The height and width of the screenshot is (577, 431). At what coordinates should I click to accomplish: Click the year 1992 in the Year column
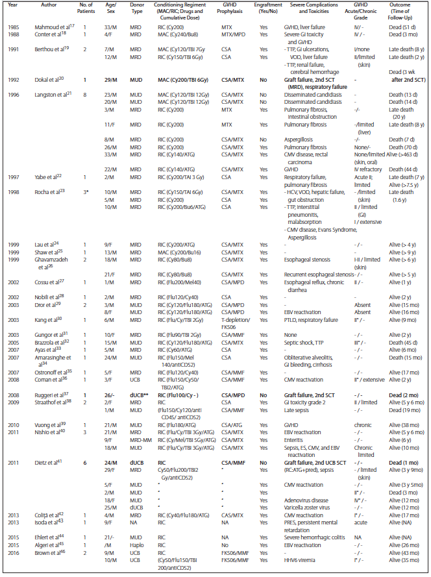(14, 80)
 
